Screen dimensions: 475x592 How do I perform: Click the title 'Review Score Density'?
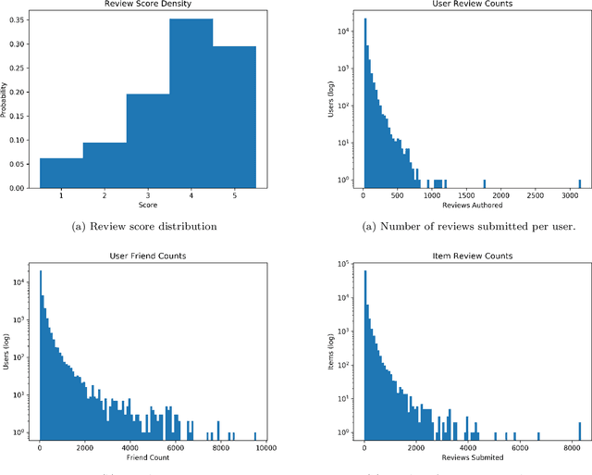[x=147, y=6]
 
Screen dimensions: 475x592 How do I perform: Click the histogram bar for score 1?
[x=61, y=172]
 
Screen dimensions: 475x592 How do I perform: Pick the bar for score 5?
[x=234, y=117]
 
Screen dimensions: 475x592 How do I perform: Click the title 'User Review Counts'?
[x=471, y=6]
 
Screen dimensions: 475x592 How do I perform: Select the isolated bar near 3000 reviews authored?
[x=579, y=183]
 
